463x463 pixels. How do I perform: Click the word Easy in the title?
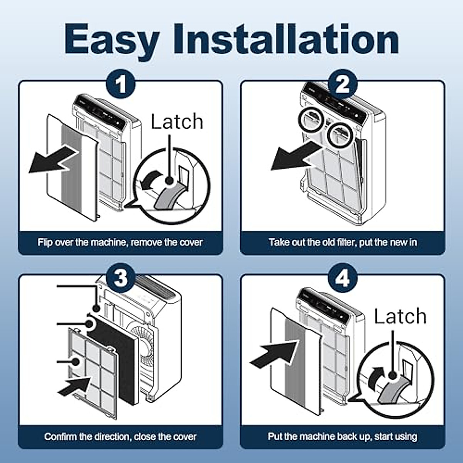112,40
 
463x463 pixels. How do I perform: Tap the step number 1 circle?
121,84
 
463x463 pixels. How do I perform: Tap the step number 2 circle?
342,84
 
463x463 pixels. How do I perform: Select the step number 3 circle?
121,278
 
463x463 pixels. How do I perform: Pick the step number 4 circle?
342,278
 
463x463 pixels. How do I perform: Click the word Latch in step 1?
177,122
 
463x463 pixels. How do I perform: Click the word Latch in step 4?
400,316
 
